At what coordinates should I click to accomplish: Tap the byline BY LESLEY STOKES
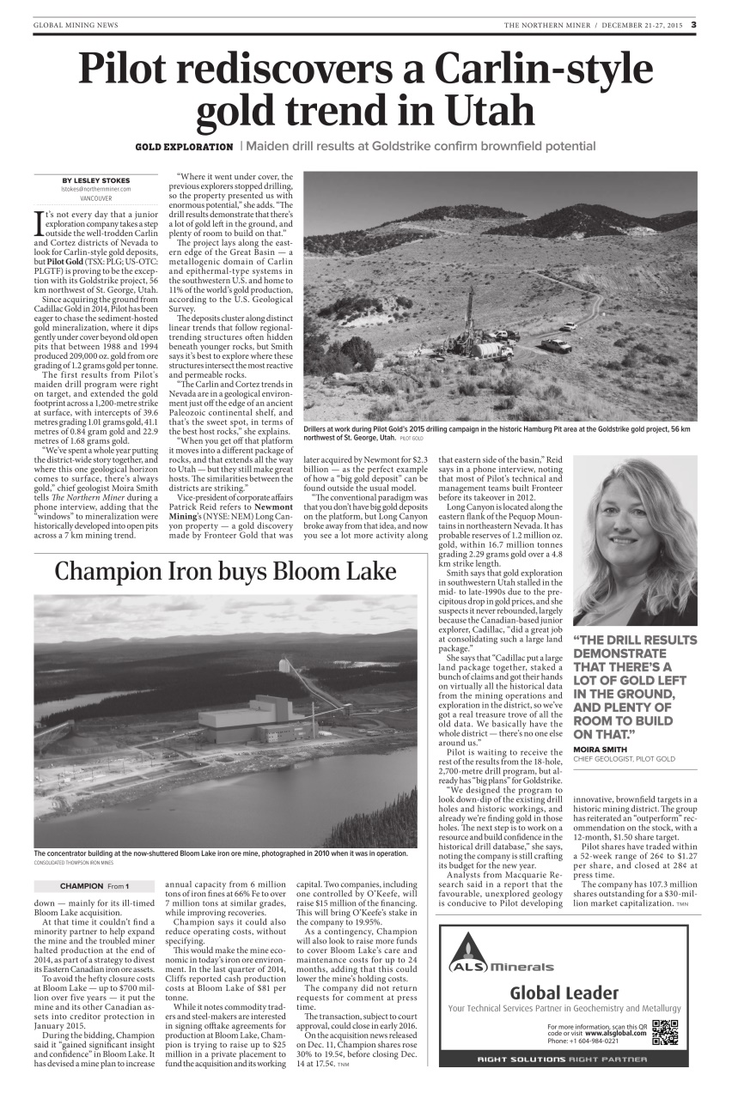95,179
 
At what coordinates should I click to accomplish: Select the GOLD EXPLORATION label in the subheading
184,147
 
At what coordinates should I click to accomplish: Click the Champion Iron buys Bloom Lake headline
225,572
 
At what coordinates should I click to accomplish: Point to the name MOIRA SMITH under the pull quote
601,750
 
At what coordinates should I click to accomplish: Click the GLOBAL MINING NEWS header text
76,25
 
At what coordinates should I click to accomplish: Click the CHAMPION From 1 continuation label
95,885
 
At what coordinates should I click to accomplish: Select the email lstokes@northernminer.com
95,189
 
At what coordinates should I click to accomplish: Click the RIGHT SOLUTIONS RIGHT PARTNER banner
563,1059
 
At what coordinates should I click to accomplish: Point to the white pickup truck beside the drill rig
556,346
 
